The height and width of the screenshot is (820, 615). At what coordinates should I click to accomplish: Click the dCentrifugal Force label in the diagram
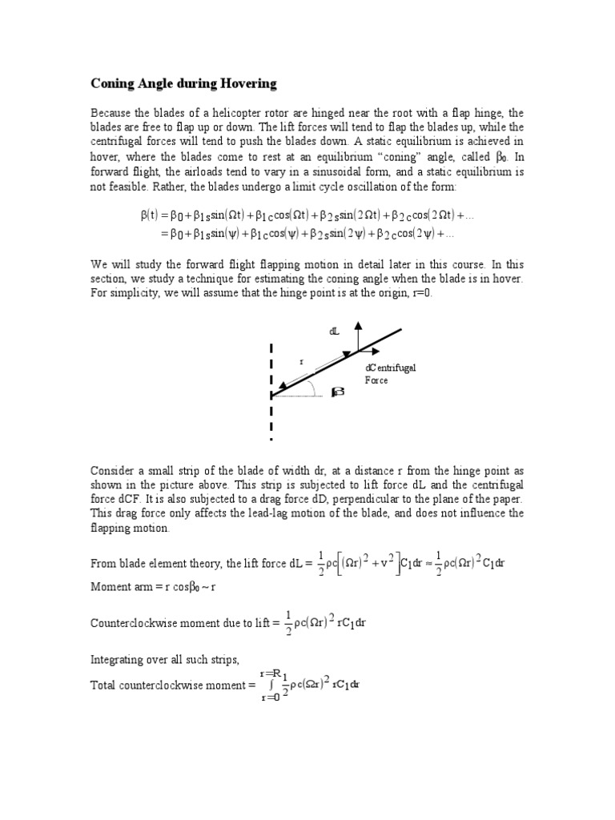[x=390, y=374]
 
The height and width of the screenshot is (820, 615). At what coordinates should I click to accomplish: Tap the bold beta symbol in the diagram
[x=337, y=392]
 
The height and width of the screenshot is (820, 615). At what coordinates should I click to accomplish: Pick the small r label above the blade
[x=302, y=362]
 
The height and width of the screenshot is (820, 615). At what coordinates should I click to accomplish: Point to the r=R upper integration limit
[x=270, y=673]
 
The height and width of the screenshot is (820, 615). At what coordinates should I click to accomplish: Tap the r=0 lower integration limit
[x=271, y=698]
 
